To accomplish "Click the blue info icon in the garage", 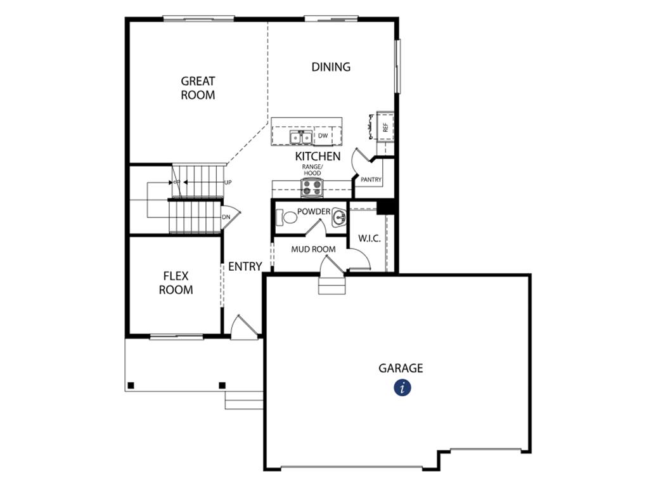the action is point(402,388).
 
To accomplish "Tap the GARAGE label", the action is point(401,368).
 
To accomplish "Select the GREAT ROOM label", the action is point(198,88).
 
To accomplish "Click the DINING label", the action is point(331,67).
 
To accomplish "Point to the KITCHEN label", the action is point(318,157).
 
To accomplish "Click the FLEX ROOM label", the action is point(176,283).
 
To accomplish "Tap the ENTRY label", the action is point(245,266).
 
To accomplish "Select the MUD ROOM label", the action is point(313,249).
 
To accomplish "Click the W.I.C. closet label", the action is point(369,238).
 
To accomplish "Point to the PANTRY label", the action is point(371,179).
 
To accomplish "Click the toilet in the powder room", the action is point(287,217).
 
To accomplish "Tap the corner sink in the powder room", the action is point(339,217).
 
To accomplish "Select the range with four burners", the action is point(312,188).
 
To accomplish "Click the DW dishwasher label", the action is point(323,136).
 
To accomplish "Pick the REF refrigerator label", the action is point(386,127).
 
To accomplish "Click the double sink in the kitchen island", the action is point(300,137).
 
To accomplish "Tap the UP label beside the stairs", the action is point(228,182).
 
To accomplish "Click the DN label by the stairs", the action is point(226,217).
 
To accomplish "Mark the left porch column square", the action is point(131,386).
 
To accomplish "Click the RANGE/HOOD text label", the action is point(312,170).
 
